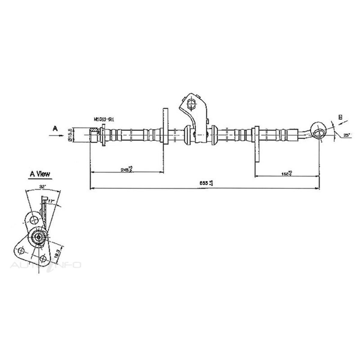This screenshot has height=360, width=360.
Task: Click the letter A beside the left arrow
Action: coord(55,129)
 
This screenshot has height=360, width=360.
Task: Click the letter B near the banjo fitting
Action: coord(340,117)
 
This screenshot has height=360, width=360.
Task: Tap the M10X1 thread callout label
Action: coord(103,119)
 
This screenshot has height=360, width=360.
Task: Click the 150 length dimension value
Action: coord(287,173)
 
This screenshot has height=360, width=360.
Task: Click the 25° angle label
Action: coord(347,136)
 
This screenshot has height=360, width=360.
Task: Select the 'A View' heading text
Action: coord(40,174)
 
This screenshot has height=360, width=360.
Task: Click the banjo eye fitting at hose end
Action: coord(319,130)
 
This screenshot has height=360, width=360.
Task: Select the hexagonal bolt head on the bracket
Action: coord(190,105)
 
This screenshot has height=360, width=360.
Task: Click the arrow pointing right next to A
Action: coord(56,136)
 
